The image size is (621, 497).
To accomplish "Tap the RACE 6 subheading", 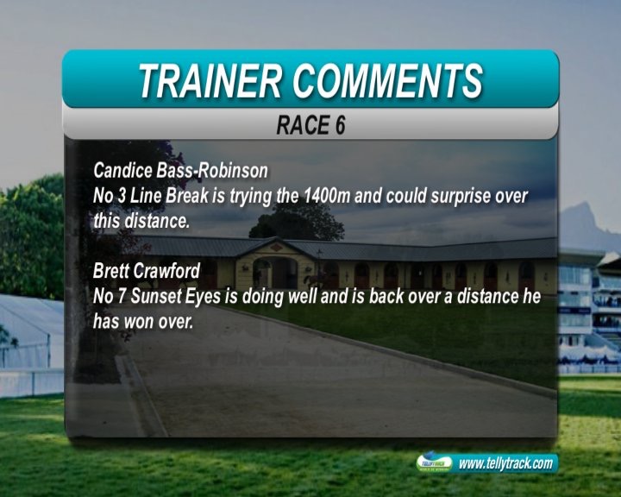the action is point(310,125).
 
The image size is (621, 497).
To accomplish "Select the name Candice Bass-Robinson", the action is point(180,171).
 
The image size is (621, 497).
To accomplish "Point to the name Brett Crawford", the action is point(147,271).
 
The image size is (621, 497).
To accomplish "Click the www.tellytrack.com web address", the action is point(505,463).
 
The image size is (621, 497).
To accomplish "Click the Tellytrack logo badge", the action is point(434,462).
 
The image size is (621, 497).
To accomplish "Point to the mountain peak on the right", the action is point(582,206).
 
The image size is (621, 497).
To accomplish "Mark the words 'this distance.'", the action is point(141,221).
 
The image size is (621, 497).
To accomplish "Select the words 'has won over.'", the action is point(143,322).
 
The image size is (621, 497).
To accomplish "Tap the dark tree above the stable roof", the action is point(297,224).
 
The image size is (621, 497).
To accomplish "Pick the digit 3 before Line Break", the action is point(121,196).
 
